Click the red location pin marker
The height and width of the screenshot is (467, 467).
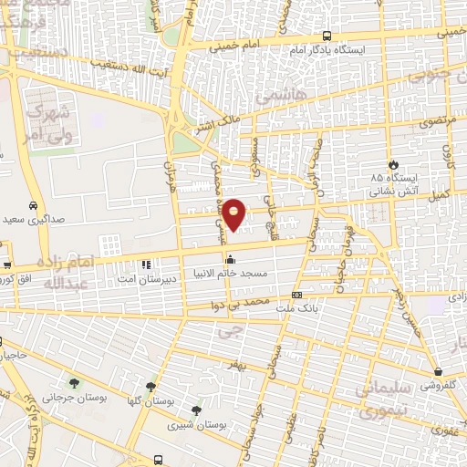click(234, 214)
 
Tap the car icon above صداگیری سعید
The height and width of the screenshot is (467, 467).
click(33, 206)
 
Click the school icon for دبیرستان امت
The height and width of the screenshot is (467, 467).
click(144, 265)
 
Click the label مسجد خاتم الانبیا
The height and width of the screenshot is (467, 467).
click(229, 273)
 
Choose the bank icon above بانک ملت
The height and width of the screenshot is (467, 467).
click(296, 295)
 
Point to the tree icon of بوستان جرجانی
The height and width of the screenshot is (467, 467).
click(74, 384)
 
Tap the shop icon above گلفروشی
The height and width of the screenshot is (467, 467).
click(441, 372)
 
